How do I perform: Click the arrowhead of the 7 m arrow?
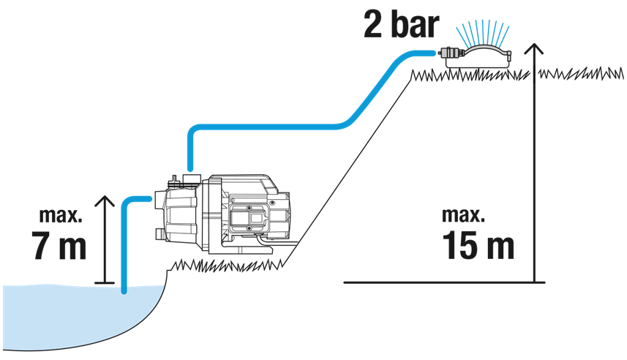click(105, 200)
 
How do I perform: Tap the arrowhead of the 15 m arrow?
click(537, 50)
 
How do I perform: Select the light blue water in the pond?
click(73, 315)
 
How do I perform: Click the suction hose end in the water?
click(124, 290)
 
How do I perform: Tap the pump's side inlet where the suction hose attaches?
click(158, 198)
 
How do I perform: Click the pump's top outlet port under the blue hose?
click(191, 178)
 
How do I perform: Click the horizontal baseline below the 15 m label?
click(439, 282)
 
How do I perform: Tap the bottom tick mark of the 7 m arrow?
click(105, 282)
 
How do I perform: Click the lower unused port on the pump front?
click(159, 235)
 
